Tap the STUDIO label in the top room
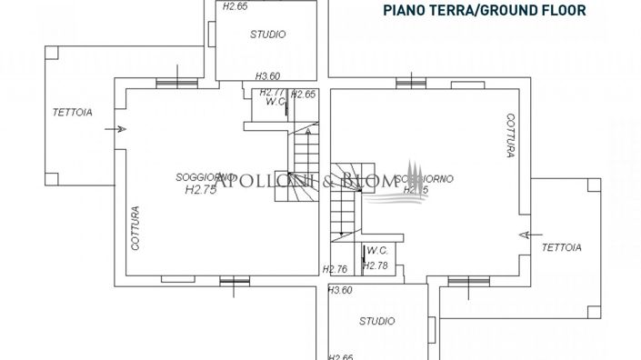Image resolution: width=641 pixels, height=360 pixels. (268, 35)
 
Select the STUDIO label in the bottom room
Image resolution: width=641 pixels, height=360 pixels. (376, 321)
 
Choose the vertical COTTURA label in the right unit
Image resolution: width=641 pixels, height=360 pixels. (512, 135)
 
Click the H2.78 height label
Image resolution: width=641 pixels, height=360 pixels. (376, 265)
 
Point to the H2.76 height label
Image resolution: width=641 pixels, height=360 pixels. (336, 269)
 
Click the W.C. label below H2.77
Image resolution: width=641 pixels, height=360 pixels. (275, 102)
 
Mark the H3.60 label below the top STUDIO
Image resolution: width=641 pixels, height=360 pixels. (267, 76)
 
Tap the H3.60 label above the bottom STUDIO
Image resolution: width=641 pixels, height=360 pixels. (340, 290)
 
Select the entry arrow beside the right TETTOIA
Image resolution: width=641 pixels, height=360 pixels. (524, 234)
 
